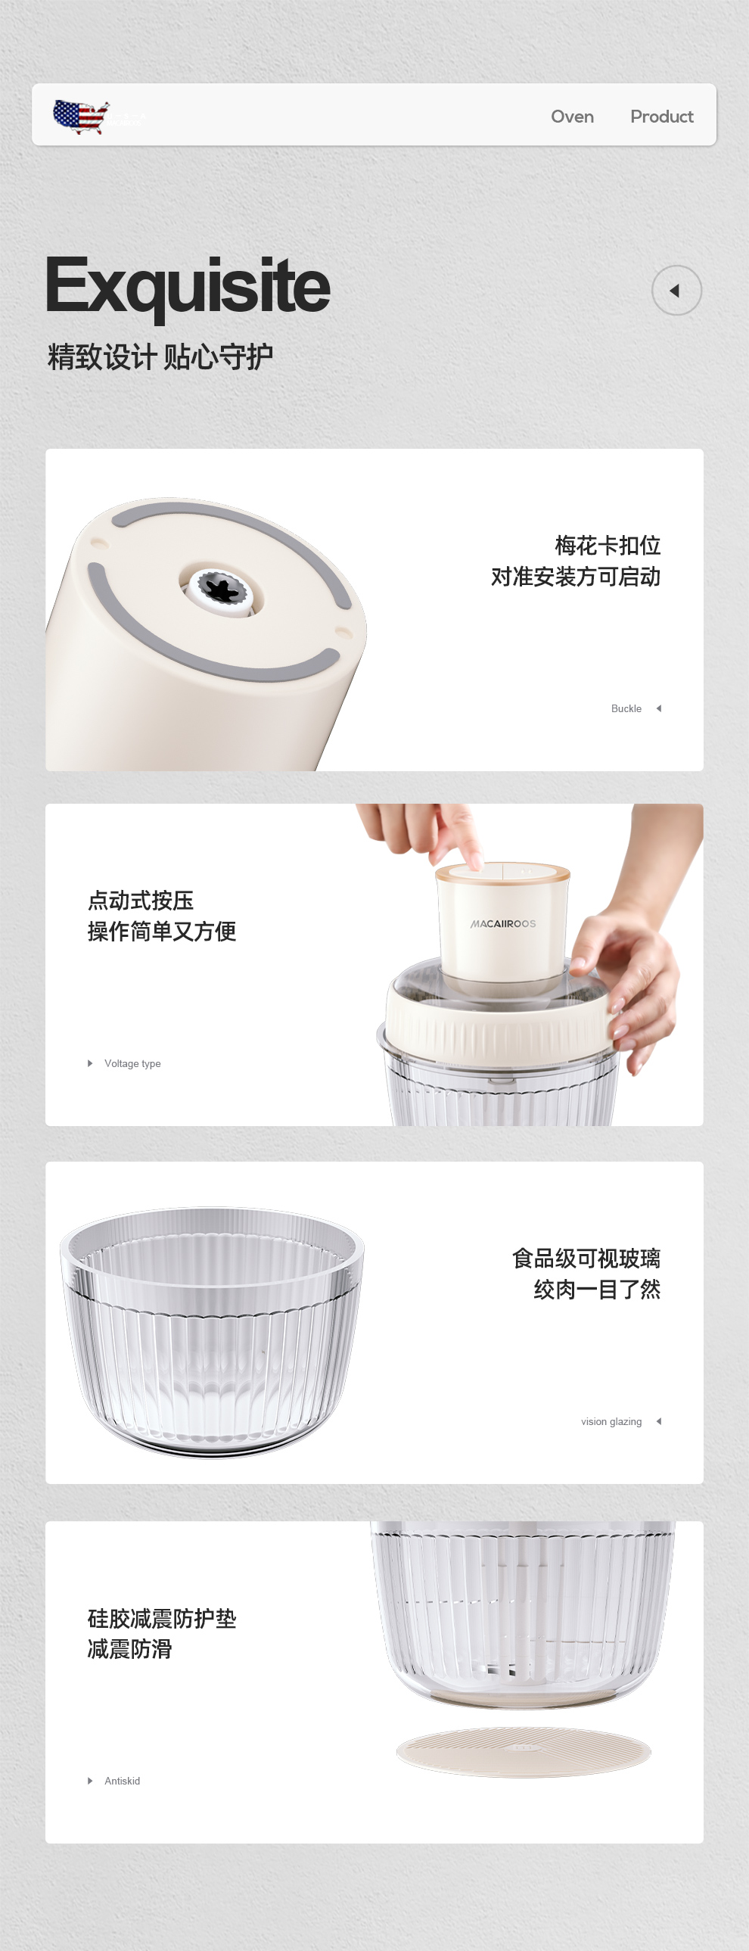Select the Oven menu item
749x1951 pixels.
pyautogui.click(x=572, y=117)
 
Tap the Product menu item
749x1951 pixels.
pyautogui.click(x=661, y=117)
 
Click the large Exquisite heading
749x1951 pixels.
pyautogui.click(x=188, y=286)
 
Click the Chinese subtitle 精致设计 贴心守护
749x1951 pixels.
pyautogui.click(x=160, y=356)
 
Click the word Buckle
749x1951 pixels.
pyautogui.click(x=626, y=709)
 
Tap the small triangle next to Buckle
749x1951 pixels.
pyautogui.click(x=659, y=709)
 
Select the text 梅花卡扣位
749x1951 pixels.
pyautogui.click(x=608, y=546)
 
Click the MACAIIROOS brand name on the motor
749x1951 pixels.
pyautogui.click(x=503, y=924)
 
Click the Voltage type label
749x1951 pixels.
pyautogui.click(x=132, y=1063)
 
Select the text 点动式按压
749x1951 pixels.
pyautogui.click(x=141, y=901)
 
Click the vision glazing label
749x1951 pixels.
pyautogui.click(x=611, y=1421)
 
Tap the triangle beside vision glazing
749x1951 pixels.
pyautogui.click(x=659, y=1421)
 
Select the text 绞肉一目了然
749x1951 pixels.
pyautogui.click(x=597, y=1289)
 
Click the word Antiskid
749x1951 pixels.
pyautogui.click(x=122, y=1781)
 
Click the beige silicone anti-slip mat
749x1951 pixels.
pyautogui.click(x=524, y=1750)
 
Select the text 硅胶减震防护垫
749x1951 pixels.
pyautogui.click(x=162, y=1619)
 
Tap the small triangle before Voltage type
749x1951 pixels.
pyautogui.click(x=90, y=1063)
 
